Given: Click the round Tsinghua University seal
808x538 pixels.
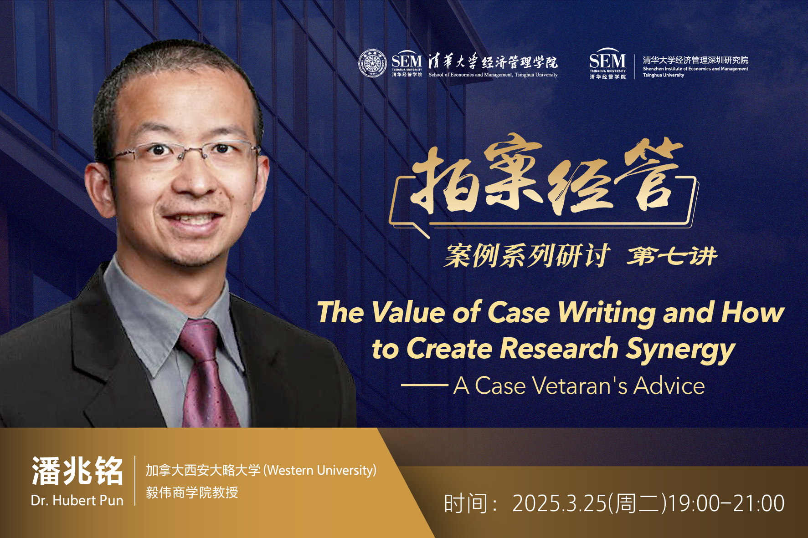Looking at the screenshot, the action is pyautogui.click(x=372, y=63).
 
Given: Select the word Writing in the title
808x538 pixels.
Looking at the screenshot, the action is pyautogui.click(x=607, y=313).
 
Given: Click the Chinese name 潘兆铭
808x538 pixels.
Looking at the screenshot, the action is pyautogui.click(x=77, y=471).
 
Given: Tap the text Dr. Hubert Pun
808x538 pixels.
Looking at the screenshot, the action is pyautogui.click(x=77, y=501).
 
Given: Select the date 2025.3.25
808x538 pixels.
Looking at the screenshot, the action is pyautogui.click(x=560, y=503).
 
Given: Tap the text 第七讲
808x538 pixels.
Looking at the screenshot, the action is pyautogui.click(x=672, y=256).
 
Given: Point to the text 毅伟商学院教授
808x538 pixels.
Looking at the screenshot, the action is pyautogui.click(x=192, y=492).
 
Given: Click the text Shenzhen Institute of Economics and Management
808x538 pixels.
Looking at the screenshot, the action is pyautogui.click(x=695, y=69).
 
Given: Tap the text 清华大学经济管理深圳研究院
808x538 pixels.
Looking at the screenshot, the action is pyautogui.click(x=695, y=60).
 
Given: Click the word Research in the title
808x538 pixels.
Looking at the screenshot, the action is pyautogui.click(x=559, y=349).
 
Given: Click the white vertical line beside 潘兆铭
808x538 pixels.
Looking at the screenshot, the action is pyautogui.click(x=135, y=480).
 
